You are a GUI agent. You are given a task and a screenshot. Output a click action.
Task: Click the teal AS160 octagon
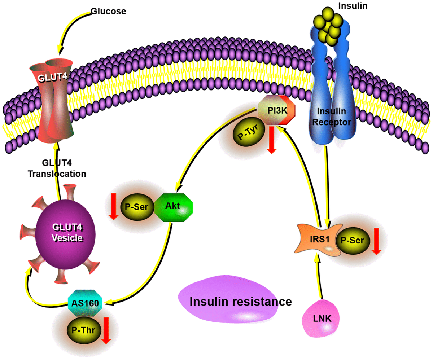(x=86, y=302)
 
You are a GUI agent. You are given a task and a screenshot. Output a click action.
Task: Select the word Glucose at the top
(x=108, y=11)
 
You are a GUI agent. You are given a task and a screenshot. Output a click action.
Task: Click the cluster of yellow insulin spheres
(x=329, y=29)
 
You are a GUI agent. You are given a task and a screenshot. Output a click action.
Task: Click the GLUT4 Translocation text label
(x=57, y=168)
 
